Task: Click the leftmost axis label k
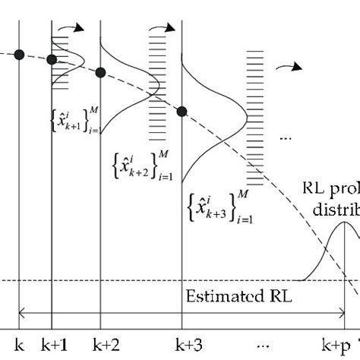coord(20,344)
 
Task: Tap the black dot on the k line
coord(19,53)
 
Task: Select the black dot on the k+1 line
coord(52,60)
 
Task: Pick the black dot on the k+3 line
coord(182,112)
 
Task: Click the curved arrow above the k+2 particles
coord(162,30)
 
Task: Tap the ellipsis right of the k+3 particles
coord(286,138)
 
